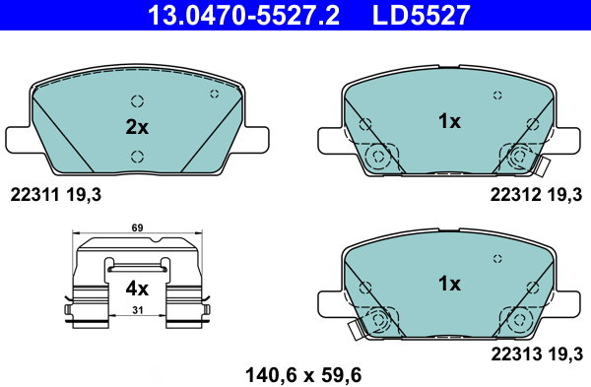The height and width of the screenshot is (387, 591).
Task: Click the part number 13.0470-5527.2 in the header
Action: [x=243, y=15]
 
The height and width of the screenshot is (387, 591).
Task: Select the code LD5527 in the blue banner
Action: [x=421, y=15]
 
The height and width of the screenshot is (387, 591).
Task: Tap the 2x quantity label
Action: [x=137, y=127]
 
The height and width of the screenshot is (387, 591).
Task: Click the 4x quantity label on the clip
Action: [x=137, y=290]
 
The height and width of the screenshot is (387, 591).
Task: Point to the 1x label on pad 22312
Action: [x=449, y=121]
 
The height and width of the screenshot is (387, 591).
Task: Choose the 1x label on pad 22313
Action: [x=449, y=284]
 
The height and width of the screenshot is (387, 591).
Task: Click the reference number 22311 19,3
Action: [x=56, y=195]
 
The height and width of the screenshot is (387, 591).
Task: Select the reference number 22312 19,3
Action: [x=536, y=195]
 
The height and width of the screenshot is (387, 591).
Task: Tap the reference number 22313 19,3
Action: [x=537, y=355]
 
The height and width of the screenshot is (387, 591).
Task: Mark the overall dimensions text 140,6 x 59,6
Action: [x=303, y=375]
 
